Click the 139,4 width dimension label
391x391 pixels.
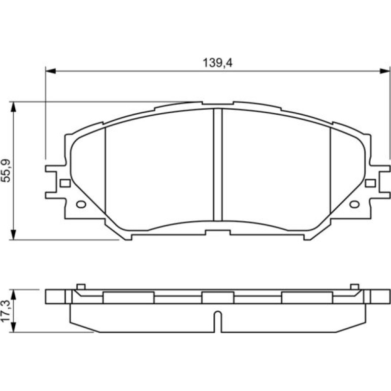(217, 62)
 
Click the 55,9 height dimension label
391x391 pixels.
(6, 171)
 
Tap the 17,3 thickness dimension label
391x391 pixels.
(6, 311)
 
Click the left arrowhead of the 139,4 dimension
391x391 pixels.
(51, 71)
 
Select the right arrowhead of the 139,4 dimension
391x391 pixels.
(384, 71)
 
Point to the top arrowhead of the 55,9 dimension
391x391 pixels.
(14, 107)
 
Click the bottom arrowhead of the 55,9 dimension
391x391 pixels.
(14, 235)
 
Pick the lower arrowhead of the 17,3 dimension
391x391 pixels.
(14, 327)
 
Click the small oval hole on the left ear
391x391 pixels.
(81, 205)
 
